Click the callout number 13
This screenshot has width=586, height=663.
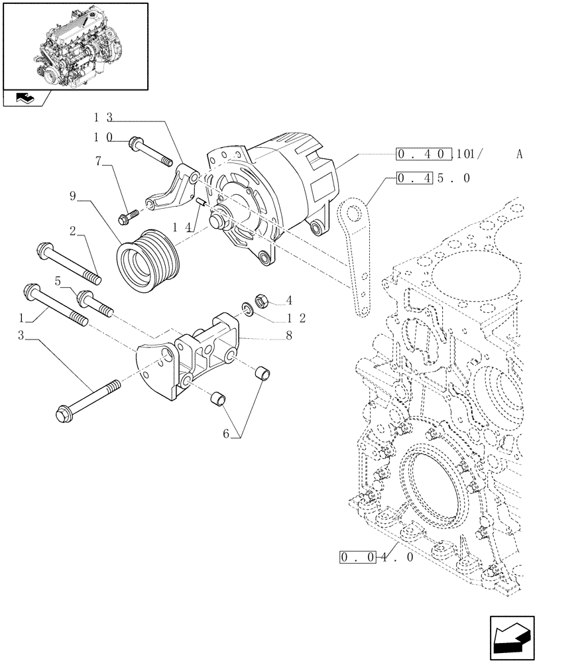pyautogui.click(x=103, y=118)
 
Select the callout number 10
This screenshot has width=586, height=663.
pyautogui.click(x=103, y=139)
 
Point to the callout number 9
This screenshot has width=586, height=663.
pyautogui.click(x=73, y=196)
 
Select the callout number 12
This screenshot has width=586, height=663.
pyautogui.click(x=296, y=318)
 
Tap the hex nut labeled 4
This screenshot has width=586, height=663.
pyautogui.click(x=261, y=300)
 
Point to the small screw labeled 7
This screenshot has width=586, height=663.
pyautogui.click(x=128, y=215)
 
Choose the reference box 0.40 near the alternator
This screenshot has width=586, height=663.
pyautogui.click(x=424, y=155)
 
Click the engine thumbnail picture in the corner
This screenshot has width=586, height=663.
pyautogui.click(x=75, y=46)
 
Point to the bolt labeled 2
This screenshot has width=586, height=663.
pyautogui.click(x=66, y=263)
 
